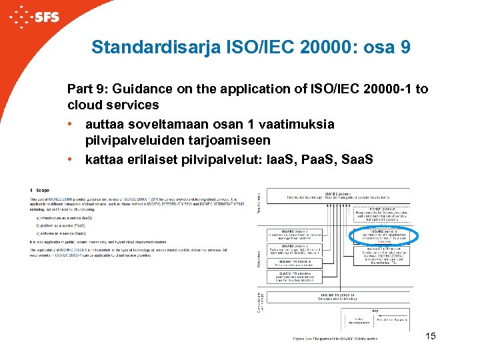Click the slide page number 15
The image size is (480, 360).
click(430, 336)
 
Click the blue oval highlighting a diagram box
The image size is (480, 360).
click(383, 236)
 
